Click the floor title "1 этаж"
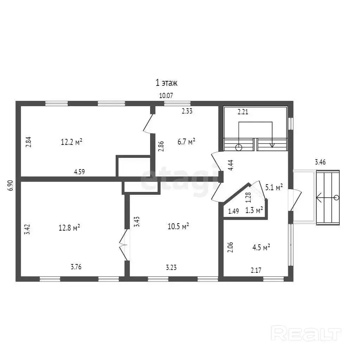click(x=166, y=83)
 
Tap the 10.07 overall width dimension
click(x=166, y=96)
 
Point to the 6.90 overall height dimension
click(x=11, y=186)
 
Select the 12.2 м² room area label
click(x=71, y=142)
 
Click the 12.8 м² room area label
click(x=69, y=228)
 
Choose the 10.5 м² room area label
click(x=178, y=226)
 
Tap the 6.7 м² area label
click(x=186, y=141)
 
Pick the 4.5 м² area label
click(x=261, y=247)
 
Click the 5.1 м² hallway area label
click(x=274, y=187)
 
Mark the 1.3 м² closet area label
click(x=254, y=210)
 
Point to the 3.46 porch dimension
click(x=320, y=162)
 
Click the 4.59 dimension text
click(x=79, y=172)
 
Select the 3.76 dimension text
click(x=76, y=267)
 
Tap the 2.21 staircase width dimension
click(x=243, y=112)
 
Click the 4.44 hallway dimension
click(x=231, y=165)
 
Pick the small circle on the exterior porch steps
click(x=336, y=198)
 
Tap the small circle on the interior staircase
click(x=239, y=147)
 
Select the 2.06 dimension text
click(x=230, y=247)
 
